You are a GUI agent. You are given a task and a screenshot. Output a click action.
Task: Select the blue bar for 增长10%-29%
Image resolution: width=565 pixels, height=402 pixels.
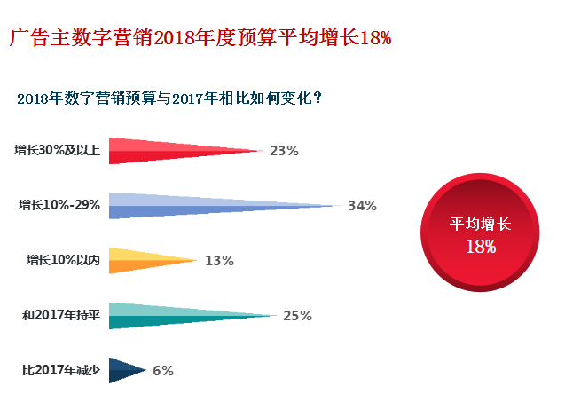195,205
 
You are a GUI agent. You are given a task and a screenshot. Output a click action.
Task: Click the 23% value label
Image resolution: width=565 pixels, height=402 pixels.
284,151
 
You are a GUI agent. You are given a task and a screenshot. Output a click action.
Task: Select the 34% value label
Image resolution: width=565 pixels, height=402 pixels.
362,206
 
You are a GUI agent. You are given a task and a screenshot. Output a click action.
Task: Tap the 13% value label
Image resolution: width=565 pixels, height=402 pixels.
218,261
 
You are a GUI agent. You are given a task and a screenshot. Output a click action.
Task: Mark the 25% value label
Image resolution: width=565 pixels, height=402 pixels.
297,316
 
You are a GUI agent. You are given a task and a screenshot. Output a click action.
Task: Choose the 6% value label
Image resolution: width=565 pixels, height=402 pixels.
162,371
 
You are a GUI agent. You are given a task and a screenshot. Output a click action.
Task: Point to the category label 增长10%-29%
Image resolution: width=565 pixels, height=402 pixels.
59,206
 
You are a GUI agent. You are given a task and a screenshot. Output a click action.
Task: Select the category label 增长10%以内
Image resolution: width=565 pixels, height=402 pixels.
63,261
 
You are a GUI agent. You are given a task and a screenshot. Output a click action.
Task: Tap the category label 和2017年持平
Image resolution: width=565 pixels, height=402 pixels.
60,316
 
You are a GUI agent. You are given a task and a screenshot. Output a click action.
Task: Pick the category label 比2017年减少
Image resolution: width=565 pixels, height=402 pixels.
60,371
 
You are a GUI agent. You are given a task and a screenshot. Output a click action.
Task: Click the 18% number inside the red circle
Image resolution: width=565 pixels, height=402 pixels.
481,247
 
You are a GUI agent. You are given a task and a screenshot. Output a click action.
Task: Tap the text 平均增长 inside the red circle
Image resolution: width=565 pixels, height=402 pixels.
481,225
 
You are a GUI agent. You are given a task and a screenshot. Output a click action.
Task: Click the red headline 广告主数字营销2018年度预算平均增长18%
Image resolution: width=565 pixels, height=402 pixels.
200,38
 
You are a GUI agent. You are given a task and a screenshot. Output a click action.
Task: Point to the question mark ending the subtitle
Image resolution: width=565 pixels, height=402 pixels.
317,99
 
